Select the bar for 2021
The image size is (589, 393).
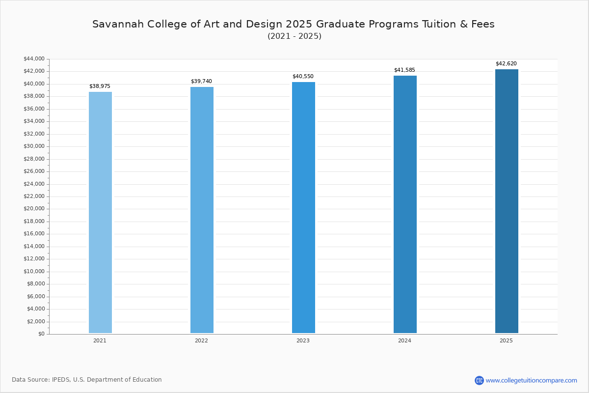coord(100,212)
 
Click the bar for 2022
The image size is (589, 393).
coord(202,210)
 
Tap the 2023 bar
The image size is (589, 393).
coord(303,207)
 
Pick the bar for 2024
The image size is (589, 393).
coord(405,204)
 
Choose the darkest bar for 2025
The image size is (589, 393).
coord(507,201)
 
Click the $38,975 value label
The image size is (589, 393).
coord(100,86)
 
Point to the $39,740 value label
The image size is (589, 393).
coord(201,82)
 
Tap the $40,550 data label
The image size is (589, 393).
coord(303,77)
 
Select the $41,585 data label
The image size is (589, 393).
coord(404,70)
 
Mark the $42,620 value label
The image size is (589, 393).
coord(506,64)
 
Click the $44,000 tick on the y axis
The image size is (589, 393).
coord(34,59)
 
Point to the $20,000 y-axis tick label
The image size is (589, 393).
coord(34,209)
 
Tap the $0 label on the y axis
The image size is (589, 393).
coord(41,334)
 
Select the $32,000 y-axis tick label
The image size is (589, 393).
coord(34,134)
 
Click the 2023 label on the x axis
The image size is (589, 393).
coord(303,340)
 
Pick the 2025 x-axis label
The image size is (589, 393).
coord(506,340)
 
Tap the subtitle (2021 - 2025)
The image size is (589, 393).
coord(294,36)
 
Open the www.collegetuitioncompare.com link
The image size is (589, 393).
coord(531,380)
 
